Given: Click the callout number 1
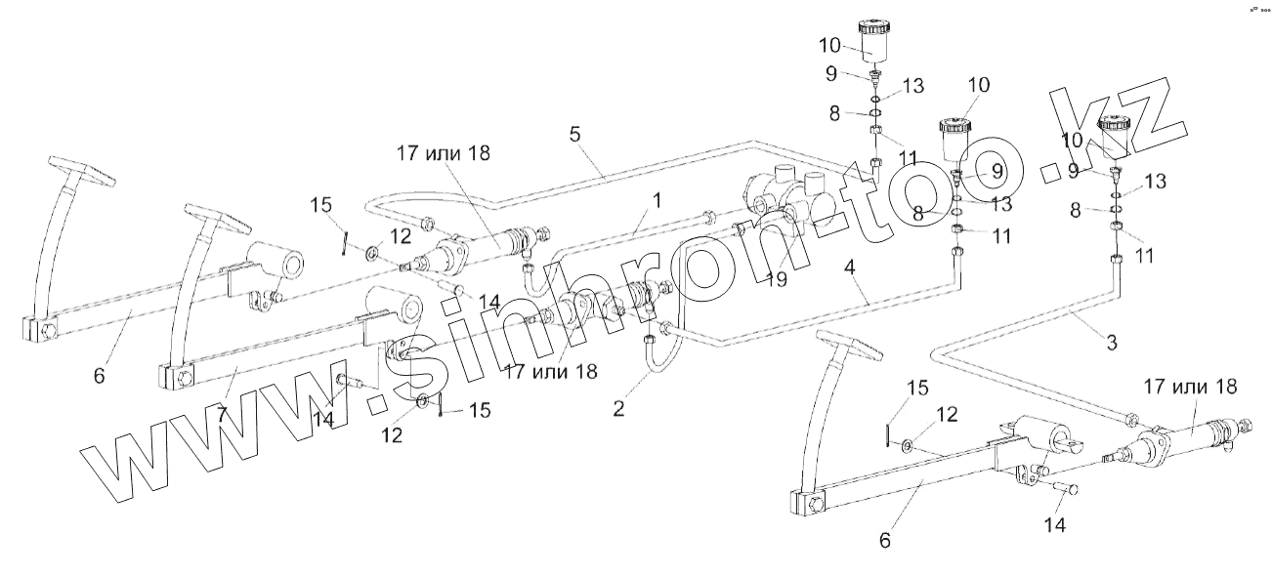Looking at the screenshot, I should [x=657, y=199].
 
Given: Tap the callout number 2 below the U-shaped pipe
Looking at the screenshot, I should [x=618, y=409].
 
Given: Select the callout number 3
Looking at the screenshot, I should [x=1111, y=343].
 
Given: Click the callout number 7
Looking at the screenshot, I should [x=222, y=414].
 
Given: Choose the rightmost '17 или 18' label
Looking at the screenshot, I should [x=1187, y=386].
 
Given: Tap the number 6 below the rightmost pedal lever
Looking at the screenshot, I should [x=885, y=539].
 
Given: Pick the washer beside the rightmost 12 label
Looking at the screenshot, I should [x=908, y=445].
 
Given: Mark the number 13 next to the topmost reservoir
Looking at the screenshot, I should [x=912, y=87].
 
